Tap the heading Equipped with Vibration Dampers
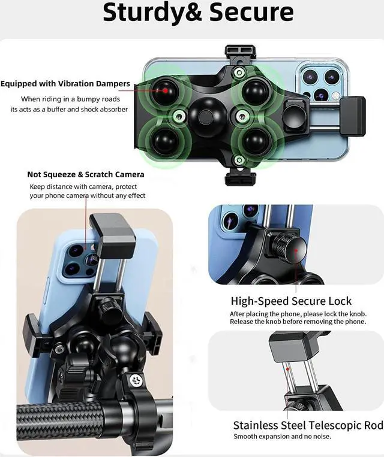(x=65, y=84)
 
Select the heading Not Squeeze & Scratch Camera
(x=86, y=174)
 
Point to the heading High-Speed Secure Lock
(x=291, y=301)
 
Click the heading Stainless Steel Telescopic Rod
(x=308, y=425)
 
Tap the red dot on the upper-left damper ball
(x=166, y=90)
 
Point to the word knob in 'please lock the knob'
(x=356, y=314)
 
